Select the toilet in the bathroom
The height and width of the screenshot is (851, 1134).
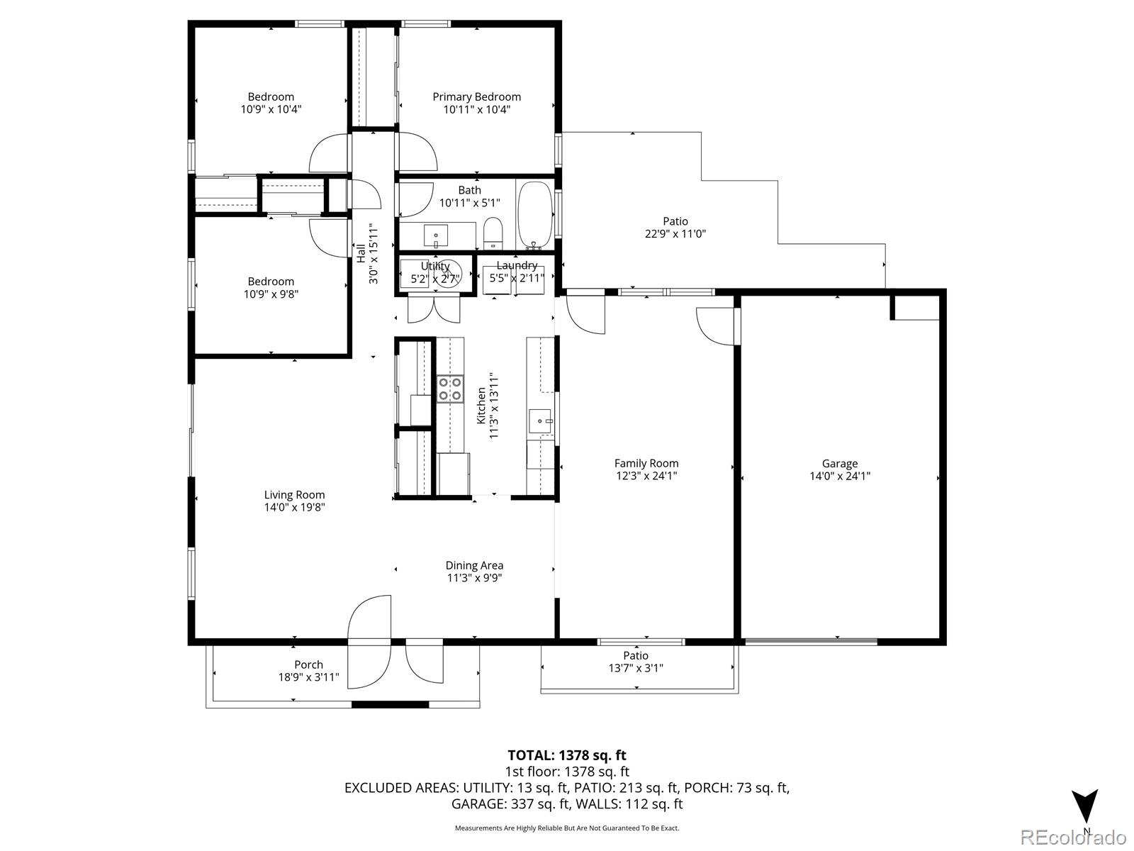pos(493,232)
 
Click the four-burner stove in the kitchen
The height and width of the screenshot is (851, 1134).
pos(450,389)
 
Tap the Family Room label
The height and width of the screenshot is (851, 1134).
pos(646,463)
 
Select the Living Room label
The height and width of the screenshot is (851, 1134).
pos(294,495)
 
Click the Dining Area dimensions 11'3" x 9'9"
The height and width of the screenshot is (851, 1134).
pos(474,578)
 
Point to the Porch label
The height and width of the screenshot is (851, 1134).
pos(308,664)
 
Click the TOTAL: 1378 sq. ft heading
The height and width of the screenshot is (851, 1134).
pos(566,755)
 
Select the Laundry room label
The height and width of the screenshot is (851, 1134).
pos(517,266)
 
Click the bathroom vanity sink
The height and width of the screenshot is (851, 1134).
pos(436,233)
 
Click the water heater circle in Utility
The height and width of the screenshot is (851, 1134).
pos(448,272)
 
